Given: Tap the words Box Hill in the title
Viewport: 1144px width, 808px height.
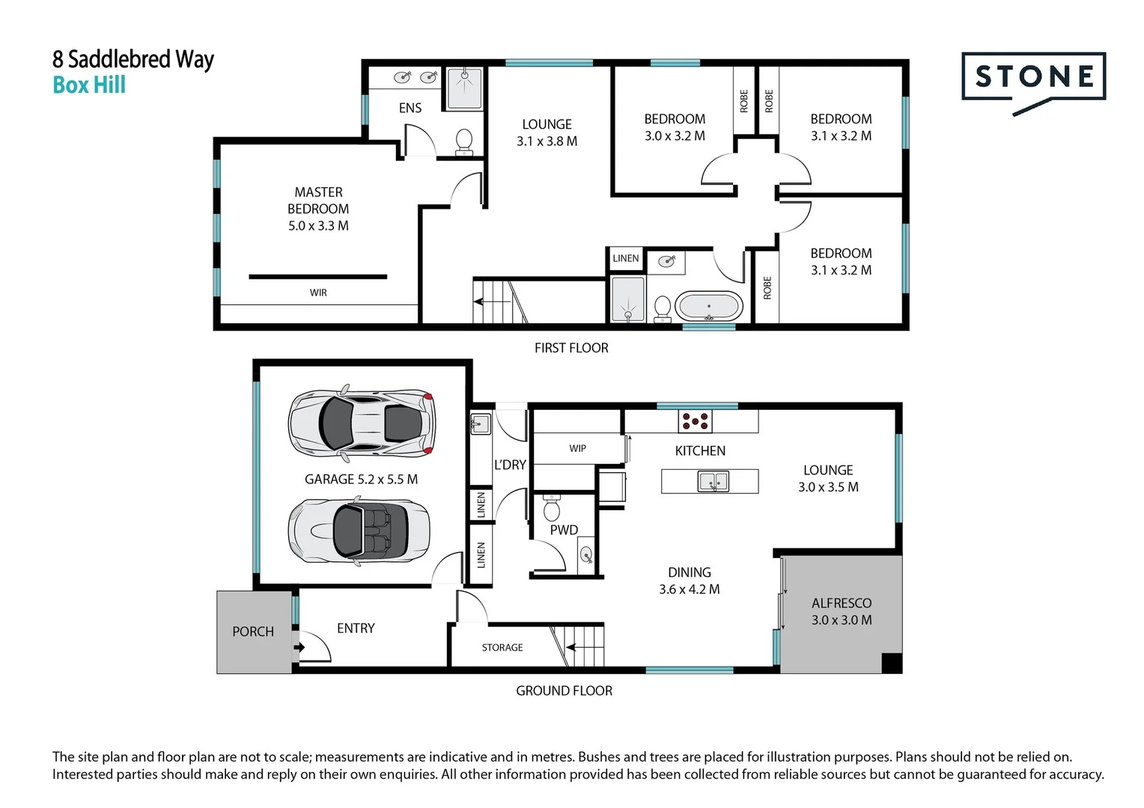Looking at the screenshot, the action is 89,85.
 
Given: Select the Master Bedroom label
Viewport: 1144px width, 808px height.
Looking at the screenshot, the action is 318,209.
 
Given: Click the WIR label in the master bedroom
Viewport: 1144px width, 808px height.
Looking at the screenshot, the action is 318,293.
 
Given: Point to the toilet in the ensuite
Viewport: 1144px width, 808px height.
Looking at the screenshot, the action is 463,141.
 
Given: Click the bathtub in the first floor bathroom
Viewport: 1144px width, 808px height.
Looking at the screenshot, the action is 709,306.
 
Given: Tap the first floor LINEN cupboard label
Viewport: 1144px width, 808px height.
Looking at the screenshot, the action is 626,258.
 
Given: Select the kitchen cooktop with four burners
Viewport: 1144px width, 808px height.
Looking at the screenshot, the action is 695,421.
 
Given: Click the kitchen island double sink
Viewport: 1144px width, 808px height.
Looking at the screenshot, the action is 713,481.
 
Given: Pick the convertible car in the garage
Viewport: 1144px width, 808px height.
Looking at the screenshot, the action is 359,531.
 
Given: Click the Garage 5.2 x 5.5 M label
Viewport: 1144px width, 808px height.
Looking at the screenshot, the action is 361,480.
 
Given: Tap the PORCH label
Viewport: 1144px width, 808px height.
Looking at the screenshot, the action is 253,631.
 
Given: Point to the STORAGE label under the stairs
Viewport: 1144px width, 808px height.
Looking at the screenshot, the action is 502,647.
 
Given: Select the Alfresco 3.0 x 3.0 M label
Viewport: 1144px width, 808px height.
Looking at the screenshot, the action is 842,611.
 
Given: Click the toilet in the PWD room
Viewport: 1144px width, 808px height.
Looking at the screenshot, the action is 552,506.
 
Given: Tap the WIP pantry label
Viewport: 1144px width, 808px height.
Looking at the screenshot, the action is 578,448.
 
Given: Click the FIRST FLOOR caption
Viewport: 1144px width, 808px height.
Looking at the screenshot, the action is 571,348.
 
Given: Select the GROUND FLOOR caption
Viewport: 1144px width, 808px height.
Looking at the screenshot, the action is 564,691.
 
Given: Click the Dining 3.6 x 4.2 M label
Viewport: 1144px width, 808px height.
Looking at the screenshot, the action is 690,581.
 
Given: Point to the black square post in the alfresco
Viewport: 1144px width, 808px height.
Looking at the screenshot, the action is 892,663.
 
